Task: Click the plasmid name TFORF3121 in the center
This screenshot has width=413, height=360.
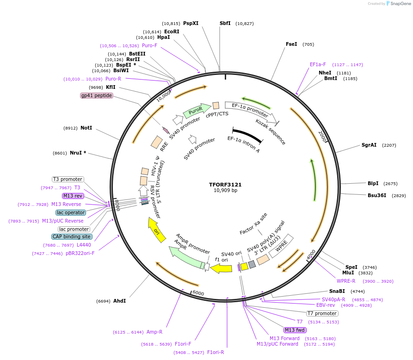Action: (225, 184)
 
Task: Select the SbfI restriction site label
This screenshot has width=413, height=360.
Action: (225, 23)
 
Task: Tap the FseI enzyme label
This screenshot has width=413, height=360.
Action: (291, 44)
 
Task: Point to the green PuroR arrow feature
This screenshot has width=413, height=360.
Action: (196, 111)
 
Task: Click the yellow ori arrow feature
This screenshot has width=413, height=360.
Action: (157, 230)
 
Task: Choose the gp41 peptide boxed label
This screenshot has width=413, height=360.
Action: (96, 95)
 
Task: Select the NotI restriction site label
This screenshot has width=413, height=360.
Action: (86, 128)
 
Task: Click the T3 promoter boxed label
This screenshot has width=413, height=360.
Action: (68, 179)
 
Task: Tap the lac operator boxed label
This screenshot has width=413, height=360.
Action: (71, 212)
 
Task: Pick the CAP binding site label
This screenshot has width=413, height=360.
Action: (72, 236)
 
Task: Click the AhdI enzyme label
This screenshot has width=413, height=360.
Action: (119, 301)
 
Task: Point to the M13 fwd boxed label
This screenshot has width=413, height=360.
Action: (295, 330)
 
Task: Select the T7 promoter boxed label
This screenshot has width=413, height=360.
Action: (322, 313)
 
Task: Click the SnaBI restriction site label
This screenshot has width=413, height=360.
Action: (337, 291)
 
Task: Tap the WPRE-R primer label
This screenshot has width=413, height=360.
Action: (346, 281)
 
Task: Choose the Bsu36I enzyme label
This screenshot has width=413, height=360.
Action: (377, 195)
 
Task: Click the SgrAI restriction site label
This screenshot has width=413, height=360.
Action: (369, 145)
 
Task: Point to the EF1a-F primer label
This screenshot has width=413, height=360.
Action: (318, 65)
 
